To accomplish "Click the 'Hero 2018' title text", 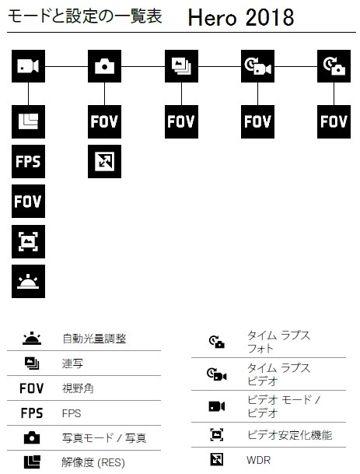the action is pyautogui.click(x=241, y=18).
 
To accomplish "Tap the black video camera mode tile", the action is pyautogui.click(x=29, y=66).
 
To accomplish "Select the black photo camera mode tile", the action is pyautogui.click(x=104, y=66).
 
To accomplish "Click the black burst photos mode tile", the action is pyautogui.click(x=181, y=66).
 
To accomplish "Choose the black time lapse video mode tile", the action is pyautogui.click(x=257, y=66).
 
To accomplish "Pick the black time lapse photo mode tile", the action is pyautogui.click(x=334, y=66).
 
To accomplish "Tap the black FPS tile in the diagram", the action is pyautogui.click(x=29, y=161).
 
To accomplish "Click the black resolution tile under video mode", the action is pyautogui.click(x=29, y=122).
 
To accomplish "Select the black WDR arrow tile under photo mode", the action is pyautogui.click(x=104, y=161).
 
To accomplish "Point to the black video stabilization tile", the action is pyautogui.click(x=29, y=241).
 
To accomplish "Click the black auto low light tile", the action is pyautogui.click(x=29, y=282).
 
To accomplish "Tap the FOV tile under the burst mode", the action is pyautogui.click(x=181, y=122).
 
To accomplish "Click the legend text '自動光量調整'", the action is pyautogui.click(x=94, y=339).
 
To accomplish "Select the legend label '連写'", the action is pyautogui.click(x=72, y=363).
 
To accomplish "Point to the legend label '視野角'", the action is pyautogui.click(x=78, y=388).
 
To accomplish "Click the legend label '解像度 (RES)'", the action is pyautogui.click(x=93, y=462).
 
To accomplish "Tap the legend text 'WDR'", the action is pyautogui.click(x=258, y=460).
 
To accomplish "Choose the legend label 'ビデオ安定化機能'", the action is pyautogui.click(x=289, y=435).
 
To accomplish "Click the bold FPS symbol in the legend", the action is pyautogui.click(x=32, y=413).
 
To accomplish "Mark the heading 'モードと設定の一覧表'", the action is pyautogui.click(x=85, y=16).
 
